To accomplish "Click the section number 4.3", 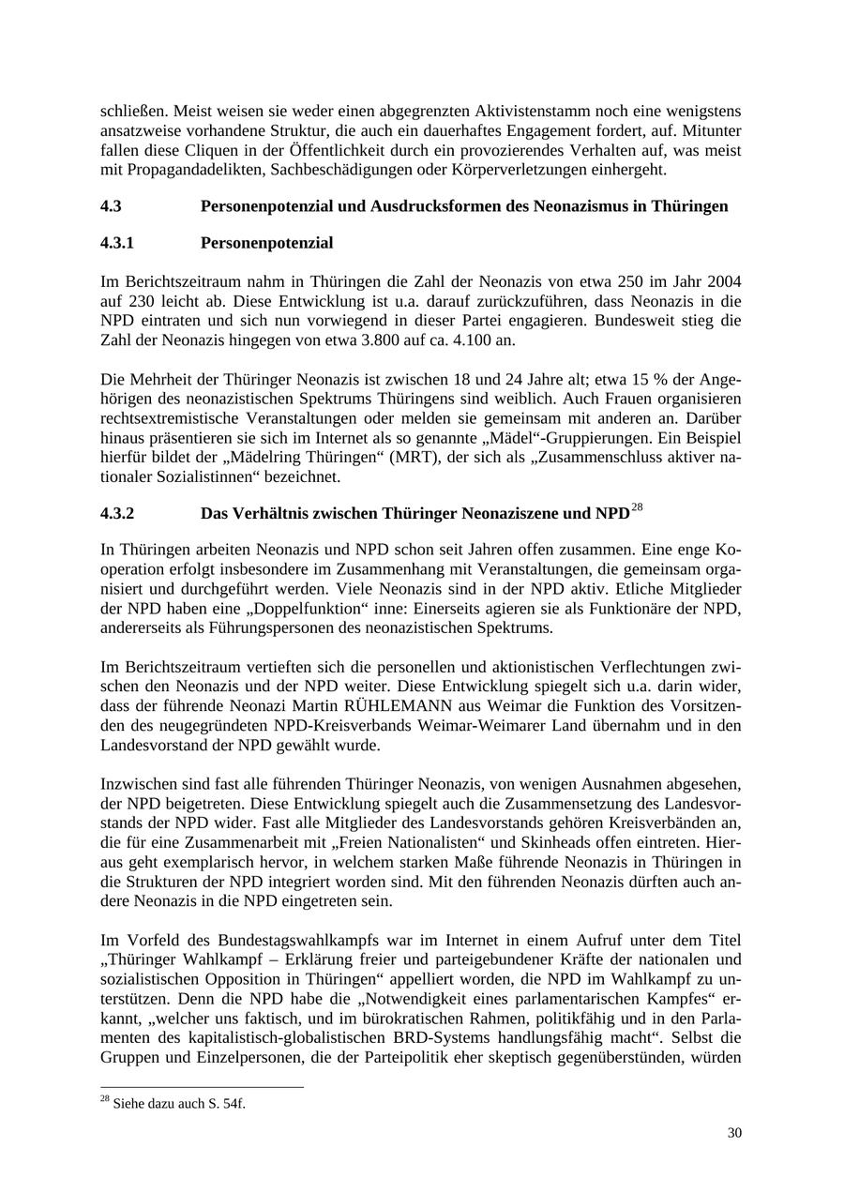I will pyautogui.click(x=111, y=206).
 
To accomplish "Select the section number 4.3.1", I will pyautogui.click(x=116, y=243).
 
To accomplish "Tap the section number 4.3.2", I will pyautogui.click(x=117, y=514).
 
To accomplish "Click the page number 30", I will pyautogui.click(x=734, y=1133).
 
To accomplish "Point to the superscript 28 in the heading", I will pyautogui.click(x=637, y=508).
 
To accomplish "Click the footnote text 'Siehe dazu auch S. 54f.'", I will pyautogui.click(x=178, y=1104).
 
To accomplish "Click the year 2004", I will pyautogui.click(x=724, y=281).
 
